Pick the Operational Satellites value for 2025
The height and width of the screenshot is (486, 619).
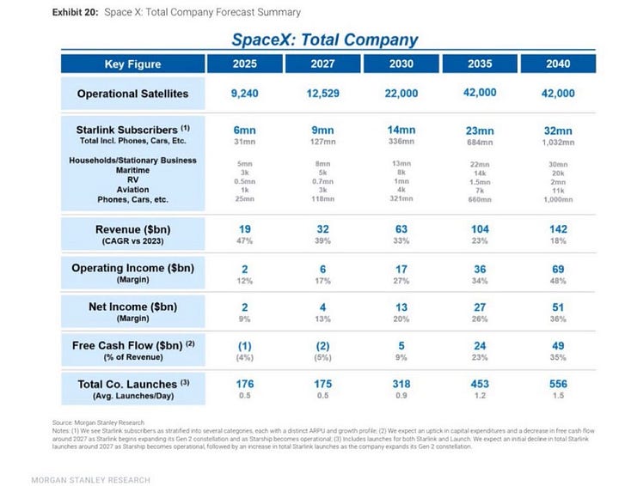coord(243,94)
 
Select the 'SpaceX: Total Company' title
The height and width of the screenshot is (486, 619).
coord(325,39)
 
